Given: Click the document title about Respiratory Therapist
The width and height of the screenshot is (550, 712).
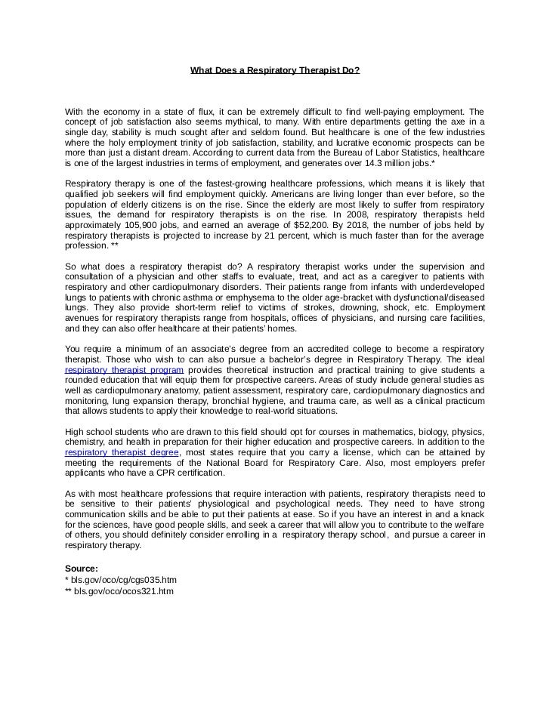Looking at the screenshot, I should click(x=275, y=71).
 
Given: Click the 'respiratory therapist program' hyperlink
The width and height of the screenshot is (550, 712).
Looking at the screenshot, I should click(x=124, y=370).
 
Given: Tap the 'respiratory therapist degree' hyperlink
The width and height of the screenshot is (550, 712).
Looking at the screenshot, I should click(x=122, y=452).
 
